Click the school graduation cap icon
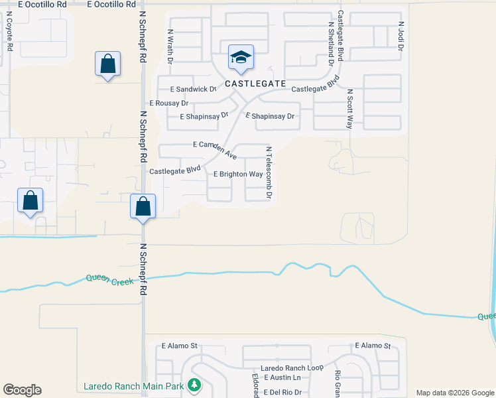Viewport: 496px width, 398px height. (241, 57)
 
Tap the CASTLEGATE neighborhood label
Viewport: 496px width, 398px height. (255, 84)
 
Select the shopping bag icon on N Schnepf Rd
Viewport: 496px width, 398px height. (143, 206)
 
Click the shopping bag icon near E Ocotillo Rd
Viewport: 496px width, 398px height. (107, 64)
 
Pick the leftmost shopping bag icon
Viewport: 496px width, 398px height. (30, 200)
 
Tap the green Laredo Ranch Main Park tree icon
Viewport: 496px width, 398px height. (193, 385)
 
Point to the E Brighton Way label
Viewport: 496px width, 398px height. (237, 174)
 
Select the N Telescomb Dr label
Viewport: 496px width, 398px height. (269, 173)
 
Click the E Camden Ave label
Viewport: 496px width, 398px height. (215, 149)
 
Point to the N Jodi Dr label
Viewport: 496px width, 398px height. (401, 37)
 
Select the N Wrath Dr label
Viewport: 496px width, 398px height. (170, 46)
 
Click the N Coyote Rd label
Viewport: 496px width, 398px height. (9, 33)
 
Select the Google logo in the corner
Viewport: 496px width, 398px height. (22, 390)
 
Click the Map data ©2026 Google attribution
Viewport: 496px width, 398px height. (454, 393)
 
